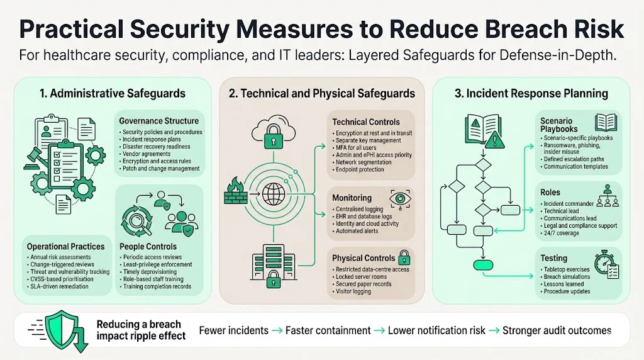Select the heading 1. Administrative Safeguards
113,93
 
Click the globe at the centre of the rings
275,191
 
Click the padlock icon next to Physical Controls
404,257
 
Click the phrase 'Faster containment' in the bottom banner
328,330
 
